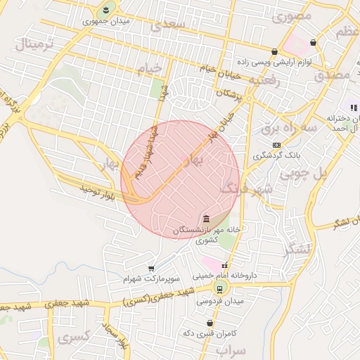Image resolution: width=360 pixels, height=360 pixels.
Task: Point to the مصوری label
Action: point(293,14)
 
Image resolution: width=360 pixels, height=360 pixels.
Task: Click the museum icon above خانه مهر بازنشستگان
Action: point(205,218)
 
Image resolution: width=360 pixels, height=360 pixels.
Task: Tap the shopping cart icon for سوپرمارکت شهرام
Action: point(151,269)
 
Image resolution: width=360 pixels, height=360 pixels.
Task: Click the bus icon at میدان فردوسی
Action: point(219,288)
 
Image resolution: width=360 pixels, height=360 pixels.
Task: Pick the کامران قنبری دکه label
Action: point(209,332)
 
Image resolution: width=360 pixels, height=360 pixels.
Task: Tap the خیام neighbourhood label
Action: point(152,67)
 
